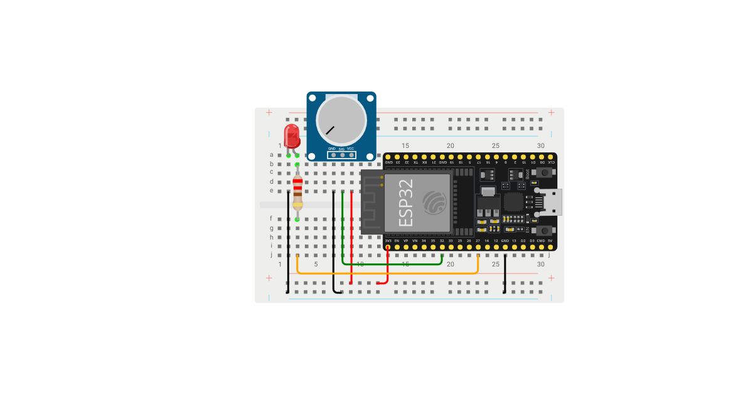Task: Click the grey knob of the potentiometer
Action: tap(341, 118)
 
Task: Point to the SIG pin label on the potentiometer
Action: tap(341, 149)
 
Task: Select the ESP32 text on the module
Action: tap(407, 203)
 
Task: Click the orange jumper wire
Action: tap(389, 274)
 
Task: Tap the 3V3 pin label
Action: tap(388, 240)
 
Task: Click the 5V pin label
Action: tap(550, 240)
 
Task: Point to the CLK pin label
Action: tap(550, 162)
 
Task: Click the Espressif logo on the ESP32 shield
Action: tap(433, 202)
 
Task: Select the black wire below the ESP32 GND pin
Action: tap(505, 276)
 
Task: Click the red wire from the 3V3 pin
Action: tap(388, 266)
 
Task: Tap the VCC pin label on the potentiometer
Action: tap(350, 149)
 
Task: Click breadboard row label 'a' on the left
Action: tap(272, 154)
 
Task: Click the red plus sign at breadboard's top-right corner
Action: tap(551, 112)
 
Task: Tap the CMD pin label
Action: tap(541, 240)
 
